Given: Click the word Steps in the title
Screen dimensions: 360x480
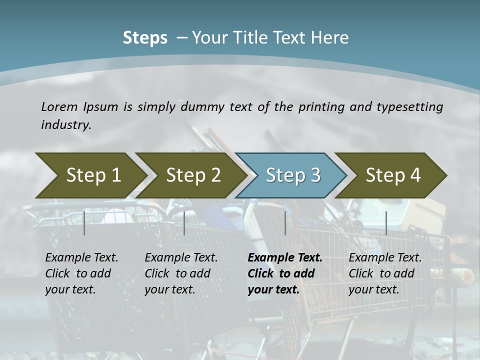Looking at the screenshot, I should (145, 37).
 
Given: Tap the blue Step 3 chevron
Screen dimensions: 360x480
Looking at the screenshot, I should (293, 175).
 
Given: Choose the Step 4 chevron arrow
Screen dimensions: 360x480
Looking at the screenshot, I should (393, 175).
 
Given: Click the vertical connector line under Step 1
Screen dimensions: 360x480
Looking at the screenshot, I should (84, 223).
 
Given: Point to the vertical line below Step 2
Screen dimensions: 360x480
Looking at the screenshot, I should (184, 223).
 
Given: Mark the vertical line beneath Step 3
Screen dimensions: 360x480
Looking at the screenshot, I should (285, 223).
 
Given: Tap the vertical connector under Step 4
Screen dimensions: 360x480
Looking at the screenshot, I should (386, 223).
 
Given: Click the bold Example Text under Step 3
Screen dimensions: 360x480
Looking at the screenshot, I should (285, 273).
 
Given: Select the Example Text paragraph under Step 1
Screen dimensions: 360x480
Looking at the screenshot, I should (81, 273).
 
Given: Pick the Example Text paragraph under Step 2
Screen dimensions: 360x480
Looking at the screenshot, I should (181, 273).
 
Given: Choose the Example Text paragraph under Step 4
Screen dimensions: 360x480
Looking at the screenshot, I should (385, 273).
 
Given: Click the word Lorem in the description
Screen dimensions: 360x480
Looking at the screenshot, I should (59, 106).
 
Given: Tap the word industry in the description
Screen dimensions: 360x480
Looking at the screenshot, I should (66, 125).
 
